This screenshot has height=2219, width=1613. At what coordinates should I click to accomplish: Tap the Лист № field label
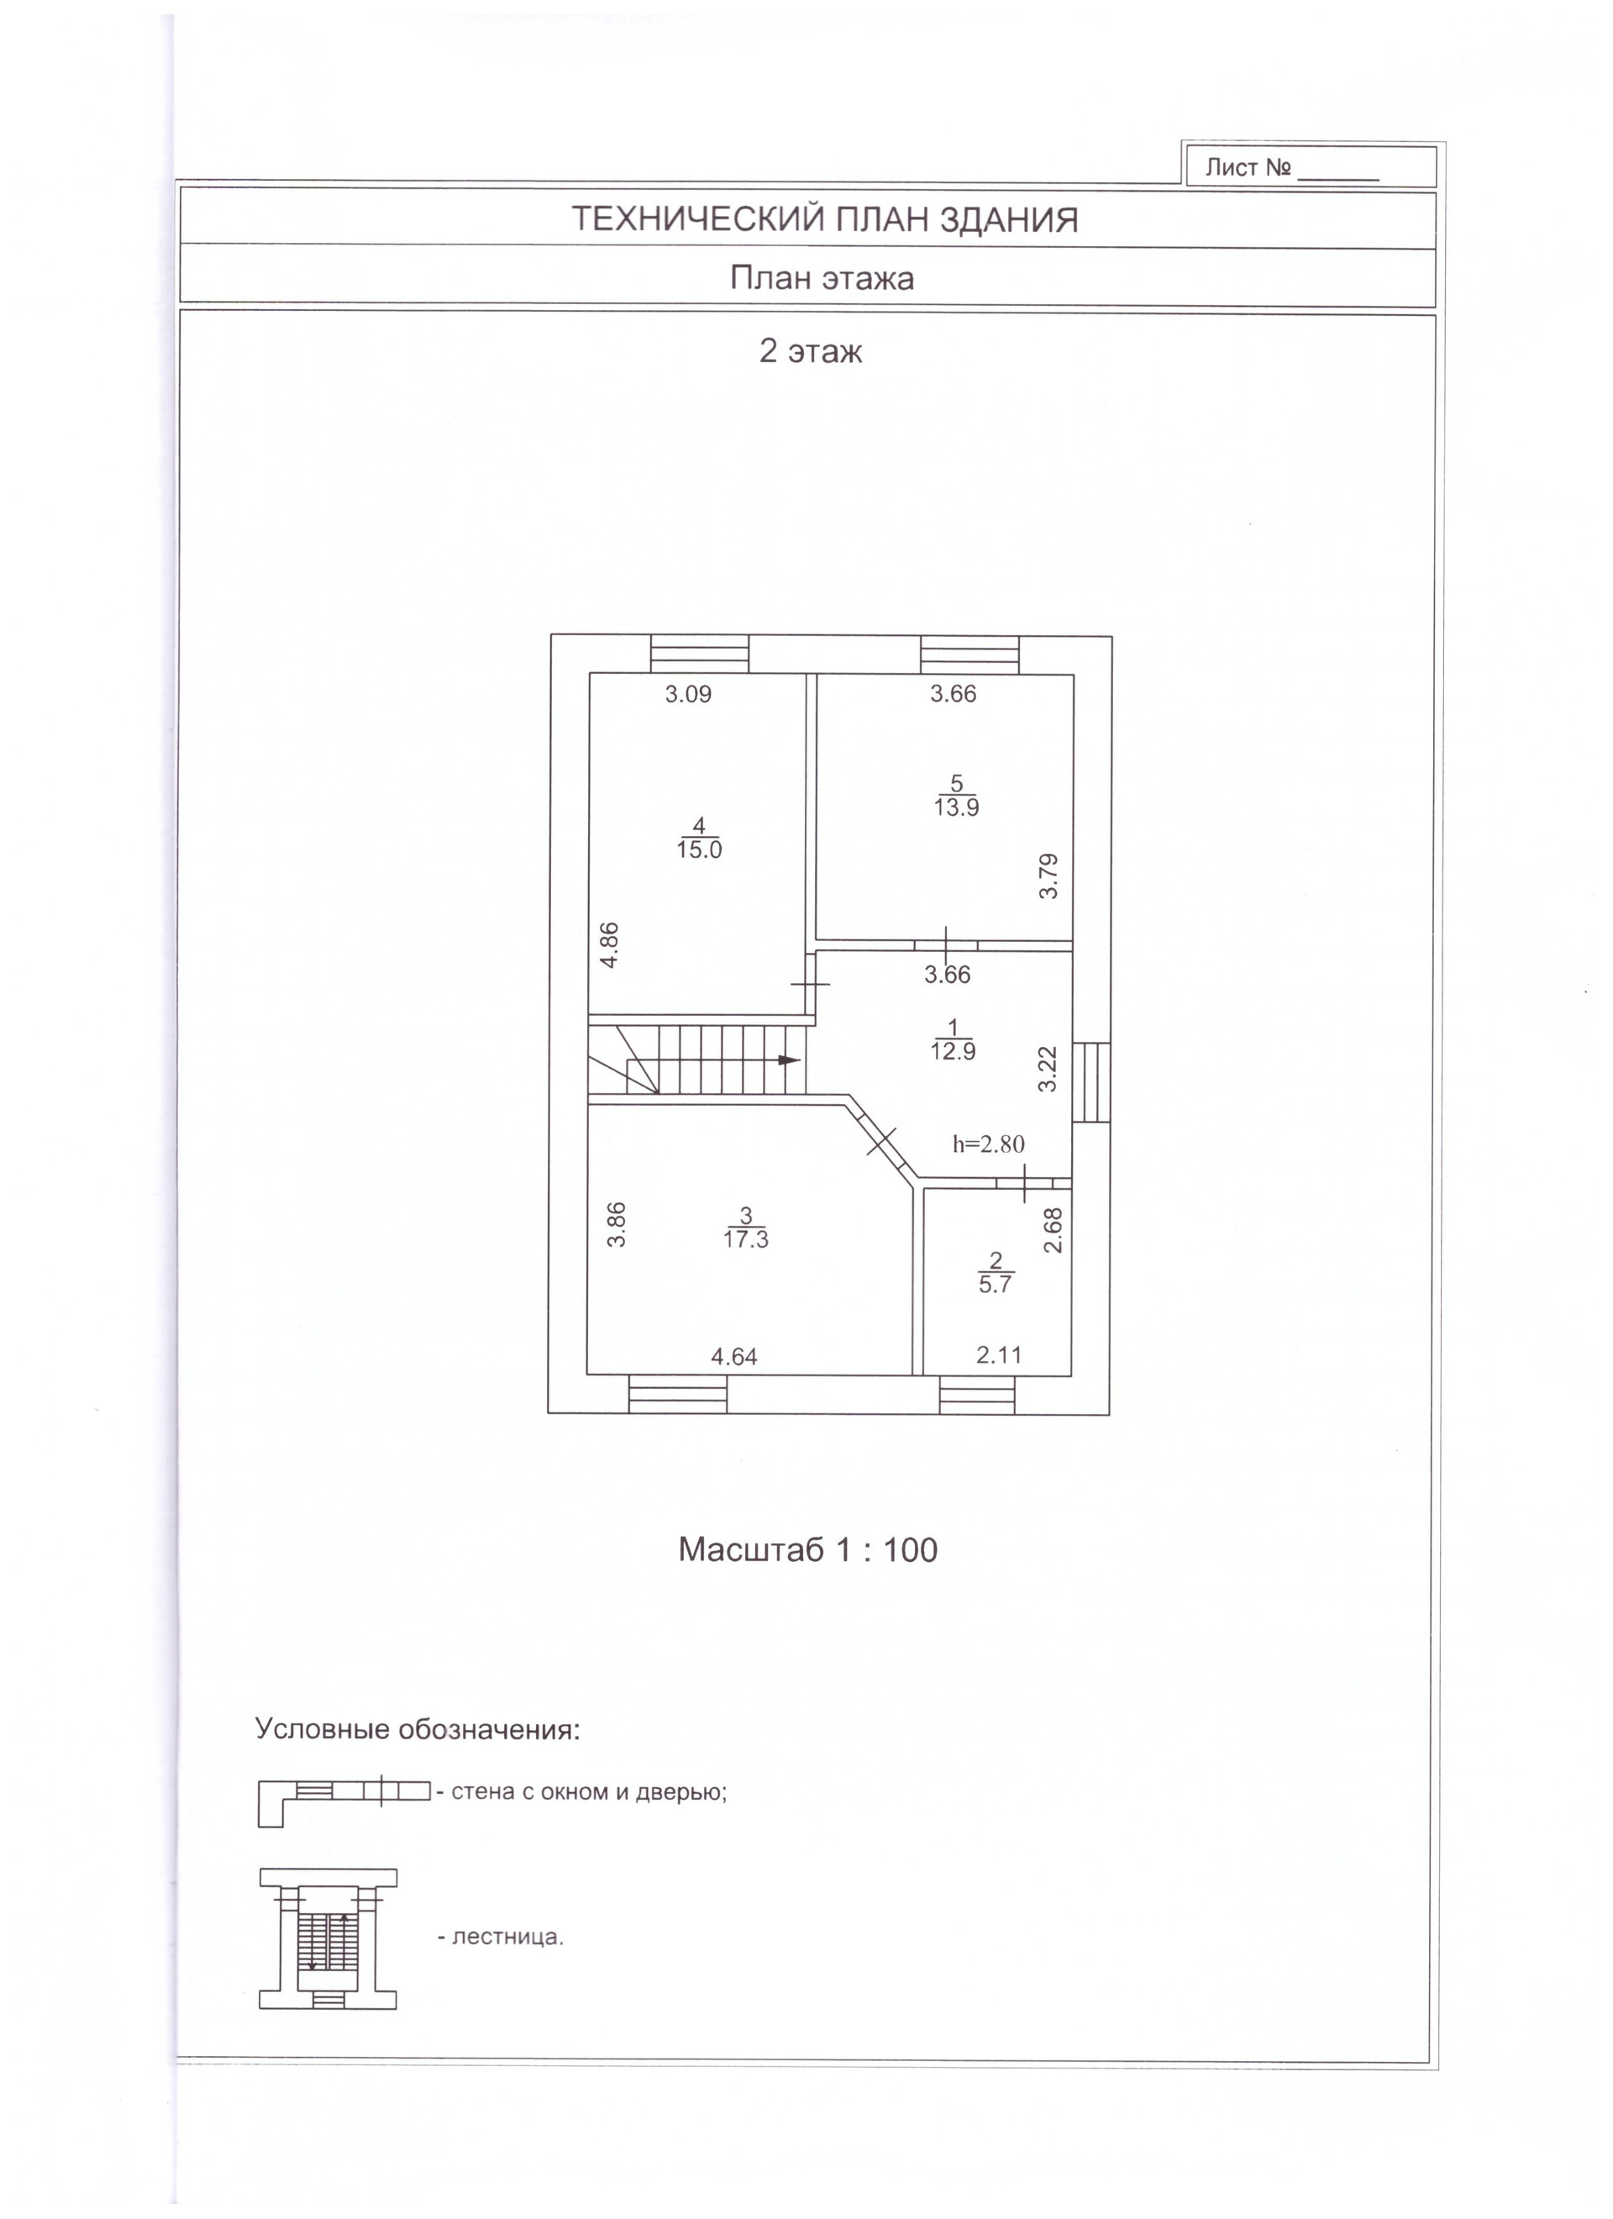[x=1248, y=167]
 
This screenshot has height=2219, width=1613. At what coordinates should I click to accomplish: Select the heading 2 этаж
[x=810, y=351]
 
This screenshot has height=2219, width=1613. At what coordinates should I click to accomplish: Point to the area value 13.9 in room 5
[x=956, y=807]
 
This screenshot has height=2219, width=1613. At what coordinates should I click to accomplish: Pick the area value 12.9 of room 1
[x=953, y=1052]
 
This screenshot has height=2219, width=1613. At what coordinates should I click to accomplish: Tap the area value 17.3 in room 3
[x=745, y=1239]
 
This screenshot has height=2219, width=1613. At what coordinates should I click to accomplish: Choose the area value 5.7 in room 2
[x=995, y=1285]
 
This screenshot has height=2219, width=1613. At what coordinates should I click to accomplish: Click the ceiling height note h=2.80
[x=989, y=1144]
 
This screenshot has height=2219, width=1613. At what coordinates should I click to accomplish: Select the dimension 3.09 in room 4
[x=689, y=695]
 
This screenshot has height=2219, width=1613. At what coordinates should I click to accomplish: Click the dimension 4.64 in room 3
[x=733, y=1357]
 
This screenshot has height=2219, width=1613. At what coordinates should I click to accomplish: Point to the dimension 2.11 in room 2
[x=999, y=1355]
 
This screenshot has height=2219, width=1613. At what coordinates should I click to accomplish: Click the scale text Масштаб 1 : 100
[x=807, y=1550]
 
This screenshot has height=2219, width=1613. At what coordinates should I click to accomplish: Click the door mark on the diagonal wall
[x=880, y=1140]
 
